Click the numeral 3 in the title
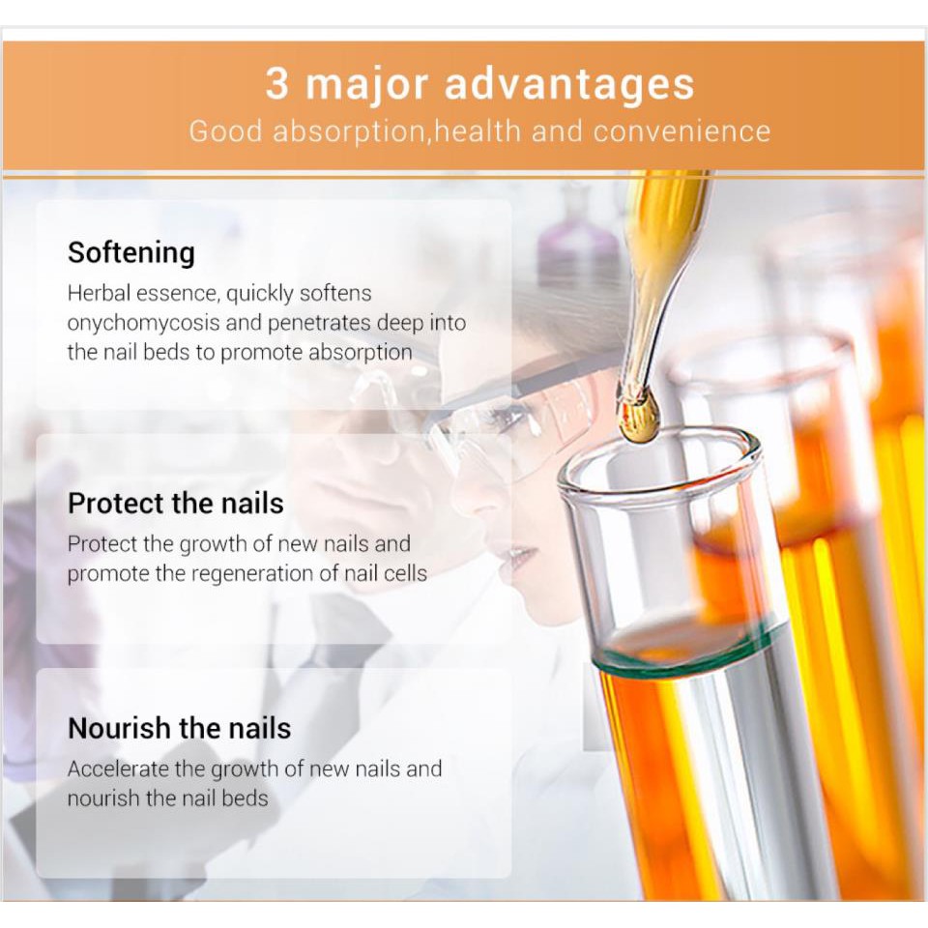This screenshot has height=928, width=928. pos(277,83)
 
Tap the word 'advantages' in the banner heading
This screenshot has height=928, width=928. pos(569,86)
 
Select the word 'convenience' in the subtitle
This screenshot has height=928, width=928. pos(682,131)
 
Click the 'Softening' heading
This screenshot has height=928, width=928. pos(131,253)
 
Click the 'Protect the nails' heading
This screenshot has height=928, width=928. pos(176,504)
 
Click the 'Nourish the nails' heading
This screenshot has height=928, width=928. pos(180,729)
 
